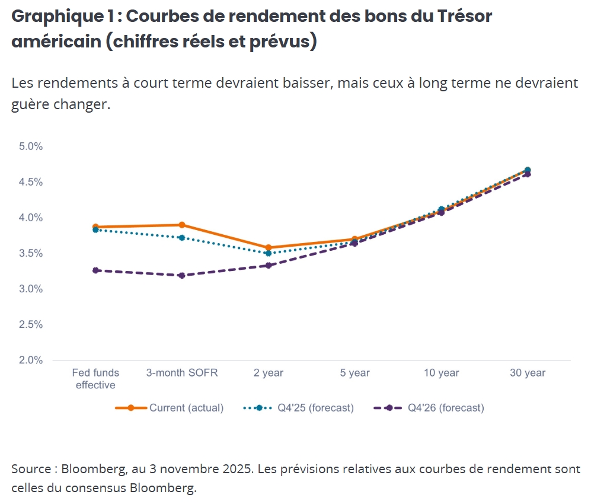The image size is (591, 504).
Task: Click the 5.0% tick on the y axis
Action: click(31, 146)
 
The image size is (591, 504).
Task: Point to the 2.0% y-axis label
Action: click(31, 360)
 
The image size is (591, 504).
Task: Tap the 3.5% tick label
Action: click(31, 253)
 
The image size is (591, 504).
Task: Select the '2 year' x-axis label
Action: click(269, 373)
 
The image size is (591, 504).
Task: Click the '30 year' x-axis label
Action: click(528, 373)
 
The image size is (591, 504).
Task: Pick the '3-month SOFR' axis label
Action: click(182, 373)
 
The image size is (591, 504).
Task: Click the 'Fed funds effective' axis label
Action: click(95, 379)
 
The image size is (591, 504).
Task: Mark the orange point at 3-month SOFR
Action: click(182, 225)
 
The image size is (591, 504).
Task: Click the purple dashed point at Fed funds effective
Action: click(95, 270)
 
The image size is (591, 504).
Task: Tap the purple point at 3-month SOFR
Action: click(182, 275)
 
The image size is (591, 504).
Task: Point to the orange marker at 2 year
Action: click(269, 247)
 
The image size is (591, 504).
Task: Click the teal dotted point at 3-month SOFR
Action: click(182, 238)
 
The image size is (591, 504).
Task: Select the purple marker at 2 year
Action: click(269, 265)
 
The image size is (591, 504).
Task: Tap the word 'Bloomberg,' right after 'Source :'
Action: click(94, 470)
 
